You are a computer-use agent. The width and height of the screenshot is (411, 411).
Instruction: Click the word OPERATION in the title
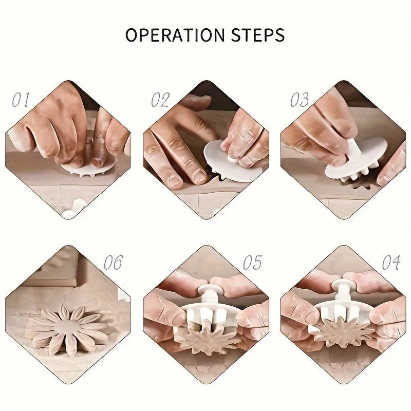(175, 35)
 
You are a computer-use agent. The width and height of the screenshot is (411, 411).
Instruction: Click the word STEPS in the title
(258, 35)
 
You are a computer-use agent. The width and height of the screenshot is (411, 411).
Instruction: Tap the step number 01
(21, 100)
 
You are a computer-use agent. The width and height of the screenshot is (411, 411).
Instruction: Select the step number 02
(160, 100)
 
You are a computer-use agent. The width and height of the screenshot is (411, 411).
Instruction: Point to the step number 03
(300, 100)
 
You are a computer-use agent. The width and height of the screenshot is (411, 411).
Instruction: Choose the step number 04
(391, 262)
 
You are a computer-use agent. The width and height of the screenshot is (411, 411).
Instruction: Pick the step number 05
(252, 262)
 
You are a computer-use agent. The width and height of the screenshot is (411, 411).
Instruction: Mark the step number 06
(113, 262)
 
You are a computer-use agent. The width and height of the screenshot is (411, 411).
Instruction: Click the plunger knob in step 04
(343, 285)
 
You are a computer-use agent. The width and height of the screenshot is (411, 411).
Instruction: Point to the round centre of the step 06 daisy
(69, 326)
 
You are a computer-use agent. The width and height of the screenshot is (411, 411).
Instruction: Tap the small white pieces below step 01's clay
(73, 210)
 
